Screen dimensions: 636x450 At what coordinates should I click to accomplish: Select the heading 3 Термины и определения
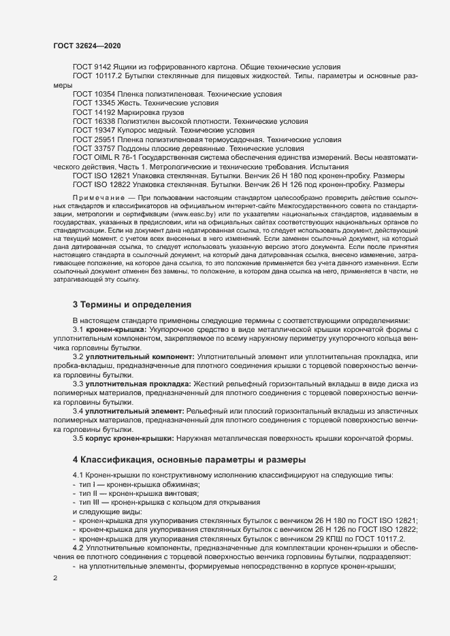click(131, 304)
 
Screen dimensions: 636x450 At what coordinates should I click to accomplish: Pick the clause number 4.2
click(78, 547)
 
